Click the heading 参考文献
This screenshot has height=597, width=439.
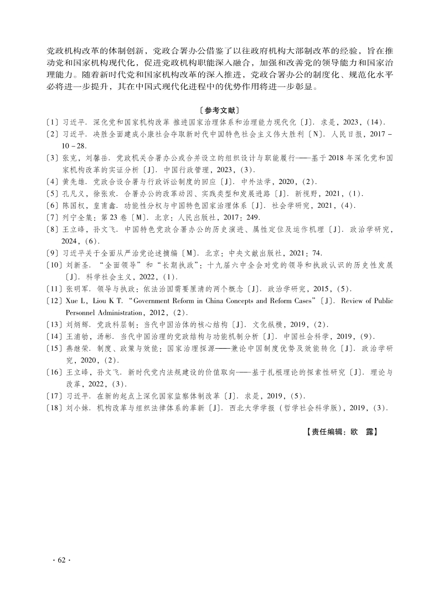219,110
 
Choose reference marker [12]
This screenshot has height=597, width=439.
54,301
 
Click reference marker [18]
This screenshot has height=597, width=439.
54,408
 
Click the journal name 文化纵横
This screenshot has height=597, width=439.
270,324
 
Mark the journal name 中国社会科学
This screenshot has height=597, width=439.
305,336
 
